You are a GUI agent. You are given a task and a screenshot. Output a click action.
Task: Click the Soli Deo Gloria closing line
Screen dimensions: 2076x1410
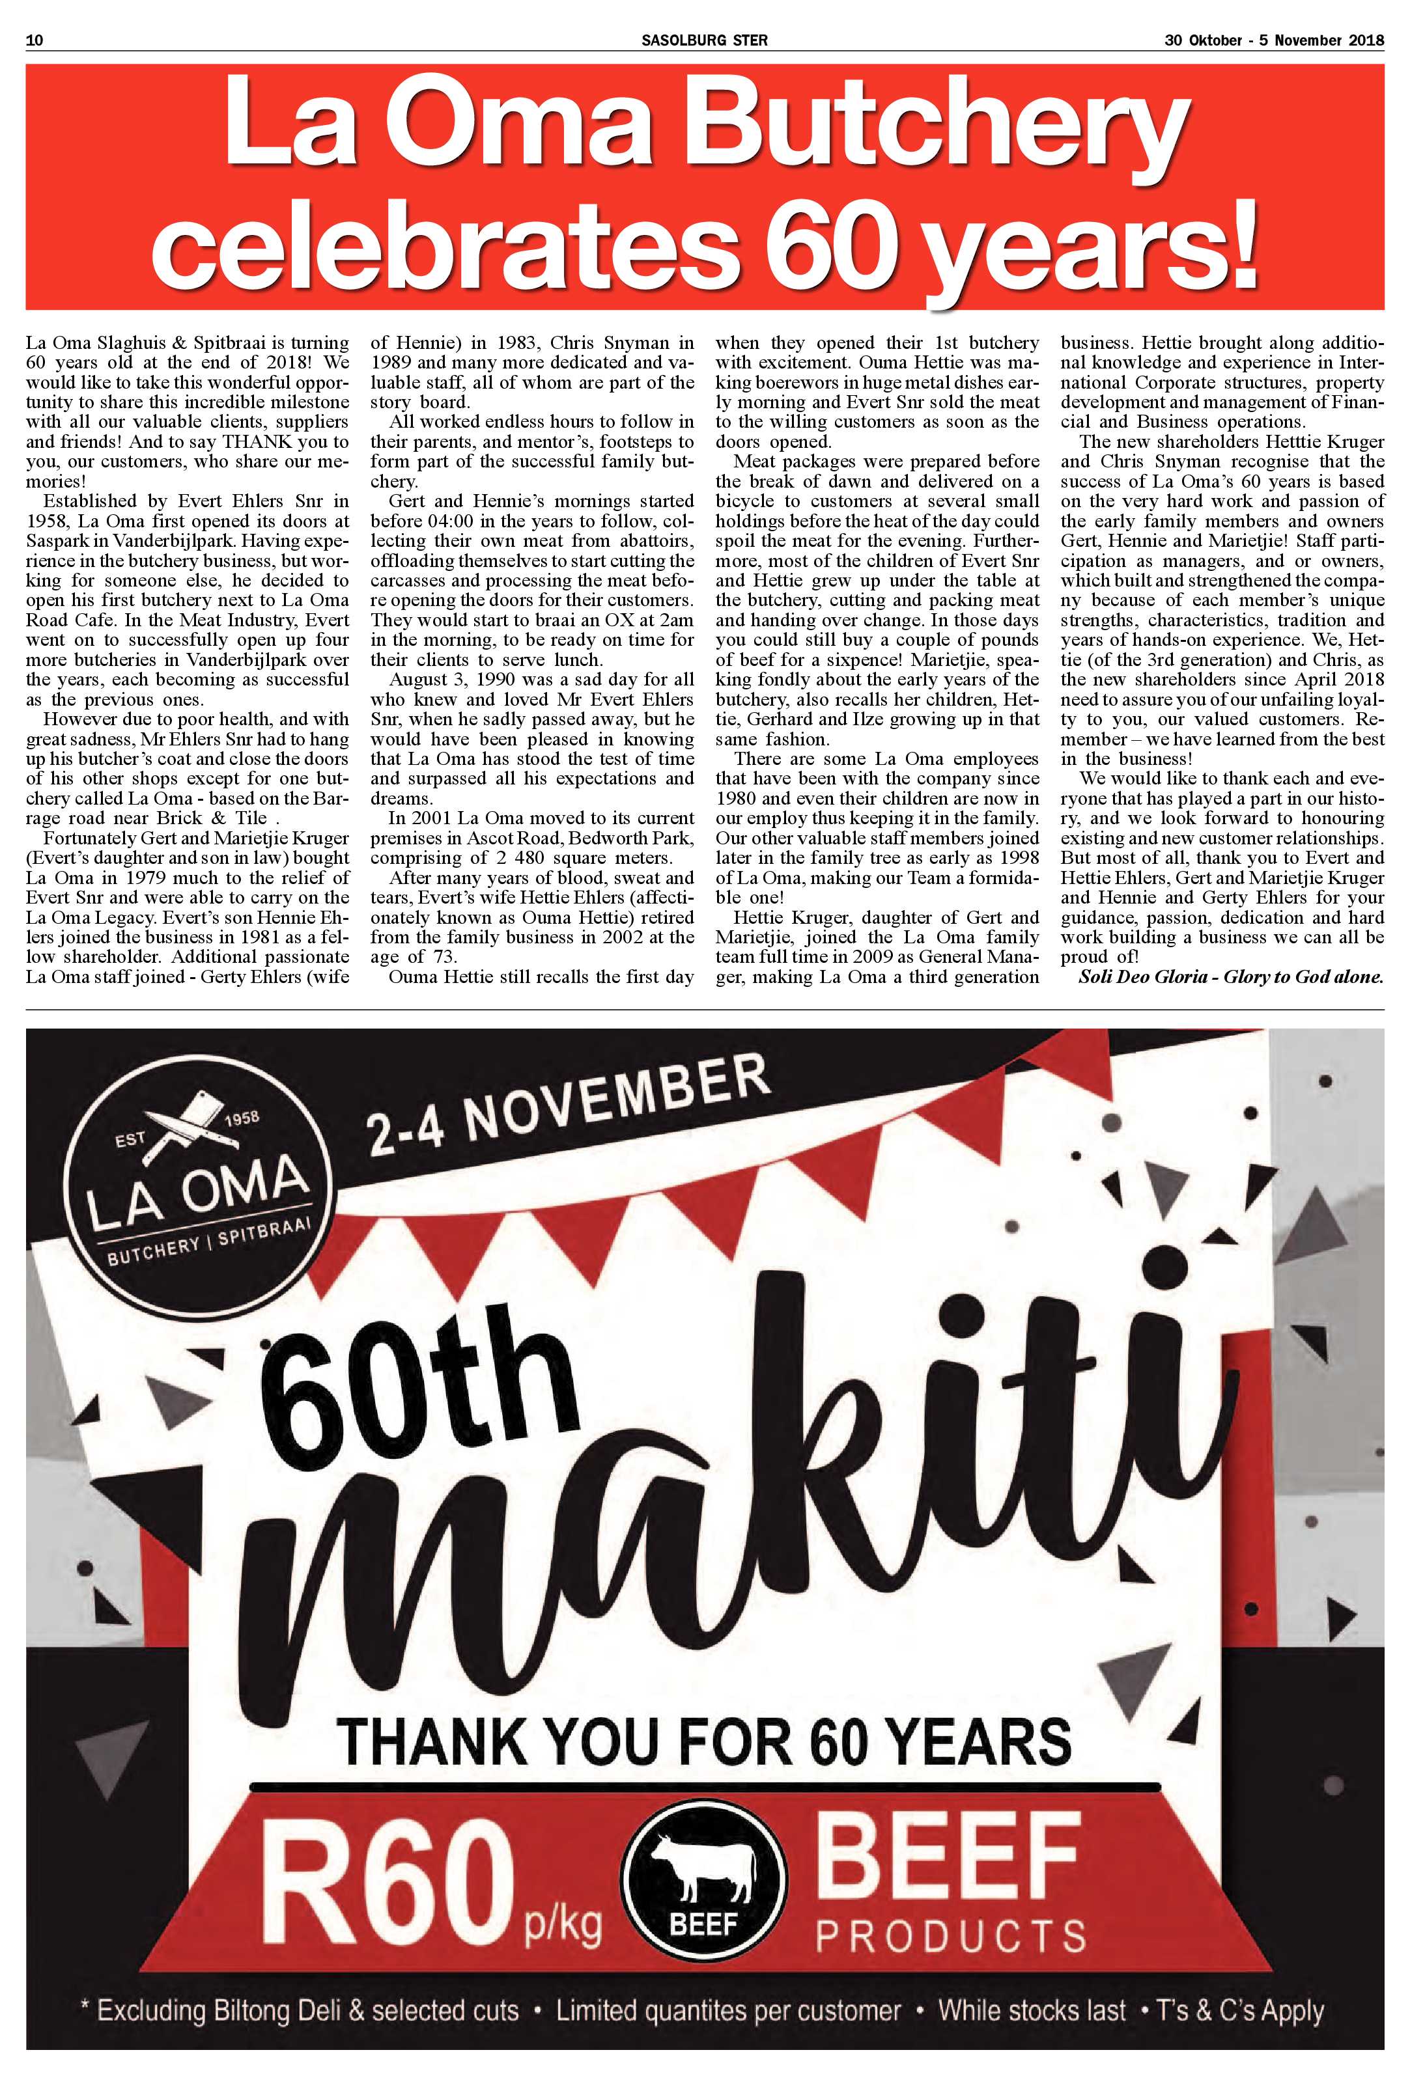pos(1230,976)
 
